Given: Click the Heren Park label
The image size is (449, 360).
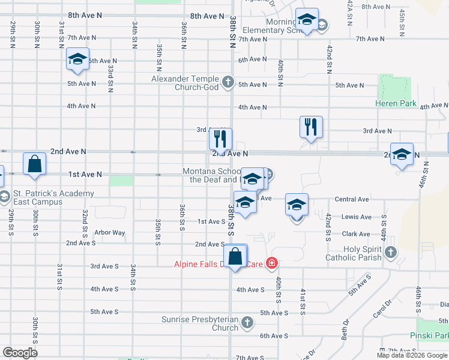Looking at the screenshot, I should (x=396, y=103).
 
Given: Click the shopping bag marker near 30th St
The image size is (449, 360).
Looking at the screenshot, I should (x=35, y=163).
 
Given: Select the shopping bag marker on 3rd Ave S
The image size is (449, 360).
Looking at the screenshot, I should (x=237, y=256).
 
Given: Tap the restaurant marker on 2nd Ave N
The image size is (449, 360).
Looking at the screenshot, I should (x=220, y=139).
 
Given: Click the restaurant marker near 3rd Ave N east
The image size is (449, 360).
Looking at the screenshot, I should (x=311, y=127).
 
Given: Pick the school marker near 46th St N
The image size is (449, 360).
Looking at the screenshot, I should (x=402, y=154).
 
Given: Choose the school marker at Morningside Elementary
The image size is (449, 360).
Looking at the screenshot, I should (x=307, y=21).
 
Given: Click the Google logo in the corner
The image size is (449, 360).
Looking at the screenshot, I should (x=20, y=353).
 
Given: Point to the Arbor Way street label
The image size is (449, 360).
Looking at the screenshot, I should (x=109, y=233).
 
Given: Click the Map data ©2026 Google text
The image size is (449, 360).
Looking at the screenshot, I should (x=412, y=355).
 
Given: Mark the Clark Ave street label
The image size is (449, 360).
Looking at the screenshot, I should (x=356, y=234).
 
